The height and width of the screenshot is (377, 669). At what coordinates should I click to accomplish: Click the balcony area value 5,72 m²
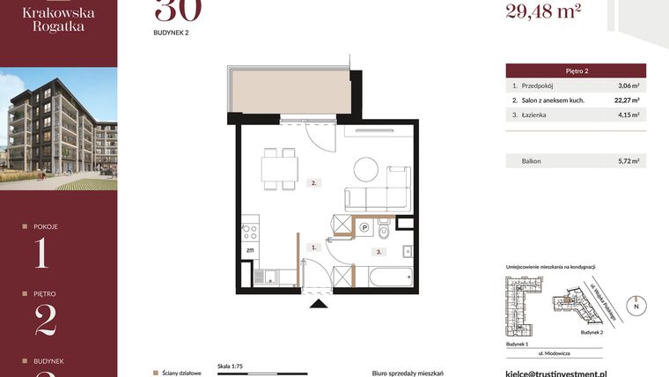click(x=628, y=161)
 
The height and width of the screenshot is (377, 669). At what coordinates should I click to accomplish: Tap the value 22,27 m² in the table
click(x=626, y=100)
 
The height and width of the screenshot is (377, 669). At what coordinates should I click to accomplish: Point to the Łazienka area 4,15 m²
click(x=628, y=115)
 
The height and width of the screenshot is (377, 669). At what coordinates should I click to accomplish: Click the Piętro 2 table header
click(x=577, y=70)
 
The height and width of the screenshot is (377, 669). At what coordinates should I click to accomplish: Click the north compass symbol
click(x=637, y=306)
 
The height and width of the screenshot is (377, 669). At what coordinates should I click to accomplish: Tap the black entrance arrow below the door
click(x=318, y=304)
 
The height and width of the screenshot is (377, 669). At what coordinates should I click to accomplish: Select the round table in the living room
click(x=367, y=168)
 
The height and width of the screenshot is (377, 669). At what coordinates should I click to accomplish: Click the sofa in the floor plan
click(x=377, y=198)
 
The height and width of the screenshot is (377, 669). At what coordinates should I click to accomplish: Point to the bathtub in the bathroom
click(x=388, y=277)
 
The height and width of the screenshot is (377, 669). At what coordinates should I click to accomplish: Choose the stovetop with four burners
click(x=249, y=233)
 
